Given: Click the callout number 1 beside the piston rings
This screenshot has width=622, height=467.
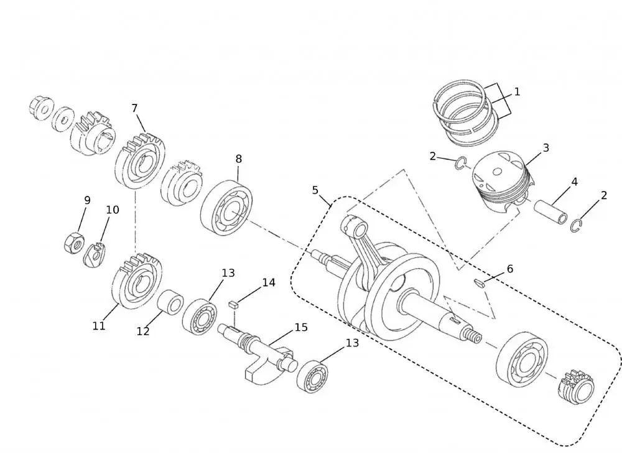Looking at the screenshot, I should [517, 92].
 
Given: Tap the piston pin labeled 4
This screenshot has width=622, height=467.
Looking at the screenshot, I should [552, 210].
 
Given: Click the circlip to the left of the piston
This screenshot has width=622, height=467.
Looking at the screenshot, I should [460, 164].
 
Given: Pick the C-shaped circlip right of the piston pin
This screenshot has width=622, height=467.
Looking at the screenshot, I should [577, 226].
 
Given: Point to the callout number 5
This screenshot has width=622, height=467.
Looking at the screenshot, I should [315, 190].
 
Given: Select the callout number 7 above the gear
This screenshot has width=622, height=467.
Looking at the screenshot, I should [134, 108].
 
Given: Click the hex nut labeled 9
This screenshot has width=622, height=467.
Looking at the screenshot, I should [73, 242].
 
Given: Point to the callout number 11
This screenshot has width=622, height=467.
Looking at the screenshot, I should [99, 325].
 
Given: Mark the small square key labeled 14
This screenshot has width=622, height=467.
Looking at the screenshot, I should [234, 305].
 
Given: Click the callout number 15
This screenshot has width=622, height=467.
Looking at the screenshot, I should [301, 327].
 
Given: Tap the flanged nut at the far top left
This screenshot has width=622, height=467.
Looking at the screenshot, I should [42, 109].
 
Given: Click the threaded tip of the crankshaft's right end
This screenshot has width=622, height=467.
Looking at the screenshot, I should [476, 336].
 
